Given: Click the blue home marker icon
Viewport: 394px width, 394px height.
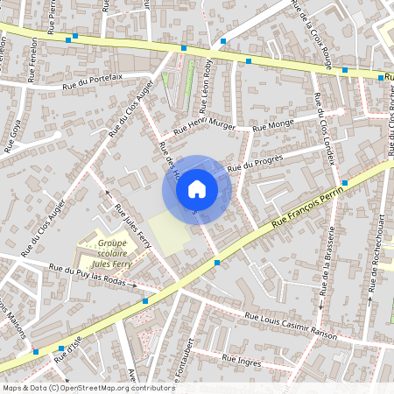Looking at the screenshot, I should pyautogui.click(x=197, y=188).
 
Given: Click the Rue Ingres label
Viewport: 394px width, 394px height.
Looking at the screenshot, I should pyautogui.click(x=243, y=360).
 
